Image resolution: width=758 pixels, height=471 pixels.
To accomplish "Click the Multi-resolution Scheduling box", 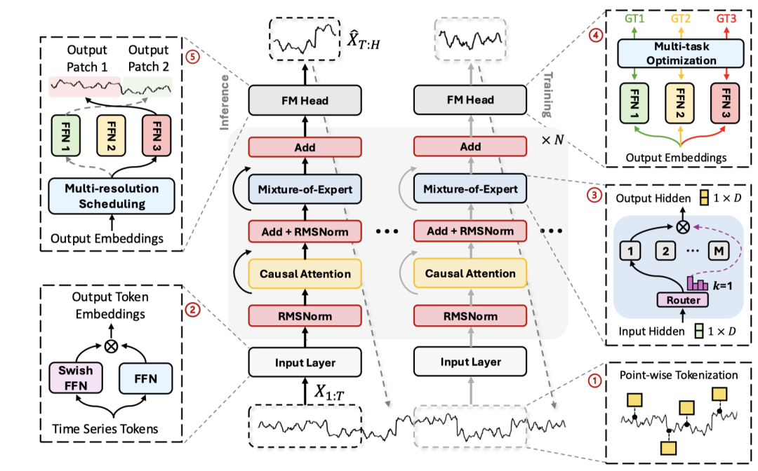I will (x=112, y=196).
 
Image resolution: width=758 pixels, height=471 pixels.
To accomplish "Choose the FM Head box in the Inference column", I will (x=305, y=101).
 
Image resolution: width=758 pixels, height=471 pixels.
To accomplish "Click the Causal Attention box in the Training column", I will (x=470, y=273).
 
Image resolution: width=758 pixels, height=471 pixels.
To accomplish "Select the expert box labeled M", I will (x=716, y=250).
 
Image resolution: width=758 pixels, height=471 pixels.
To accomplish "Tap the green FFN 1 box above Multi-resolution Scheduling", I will (x=67, y=135).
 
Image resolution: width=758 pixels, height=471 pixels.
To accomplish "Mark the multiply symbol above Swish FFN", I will (x=110, y=346).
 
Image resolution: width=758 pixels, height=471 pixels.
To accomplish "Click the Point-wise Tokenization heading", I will (x=669, y=375).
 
